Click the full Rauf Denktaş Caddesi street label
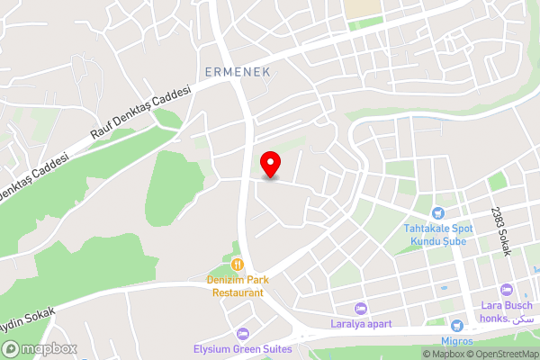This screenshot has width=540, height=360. point(142,112)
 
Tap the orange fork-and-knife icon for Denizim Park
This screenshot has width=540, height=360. point(238,265)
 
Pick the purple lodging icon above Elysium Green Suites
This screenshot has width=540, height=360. point(240,334)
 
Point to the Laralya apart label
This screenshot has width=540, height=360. point(361,323)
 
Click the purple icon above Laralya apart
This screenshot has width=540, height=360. point(361,308)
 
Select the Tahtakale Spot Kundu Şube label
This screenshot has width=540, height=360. point(437,234)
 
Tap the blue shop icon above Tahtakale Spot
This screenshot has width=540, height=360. point(437,213)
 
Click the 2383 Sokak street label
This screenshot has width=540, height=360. point(500,231)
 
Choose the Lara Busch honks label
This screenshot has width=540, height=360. point(508,312)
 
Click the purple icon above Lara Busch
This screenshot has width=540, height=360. point(507,290)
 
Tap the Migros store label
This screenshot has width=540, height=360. point(457,340)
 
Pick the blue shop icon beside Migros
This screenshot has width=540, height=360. point(457,324)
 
